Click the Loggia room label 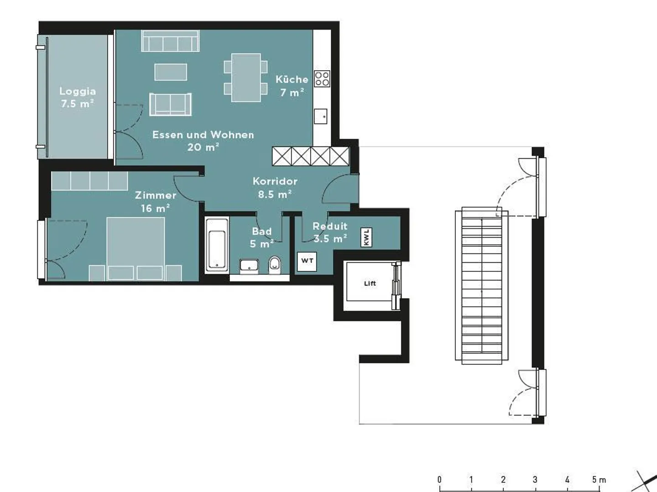[x=78, y=91]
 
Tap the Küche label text [x=292, y=79]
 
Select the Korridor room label [x=275, y=181]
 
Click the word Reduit [x=330, y=226]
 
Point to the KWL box [x=366, y=238]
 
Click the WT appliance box [x=307, y=261]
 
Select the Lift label [x=370, y=283]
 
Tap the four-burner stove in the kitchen [x=322, y=79]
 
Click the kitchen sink [x=321, y=116]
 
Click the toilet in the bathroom [x=275, y=265]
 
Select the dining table [x=246, y=78]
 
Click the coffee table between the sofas [x=171, y=72]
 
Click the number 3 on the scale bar [x=535, y=479]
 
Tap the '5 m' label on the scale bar [x=599, y=479]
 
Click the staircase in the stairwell [x=482, y=285]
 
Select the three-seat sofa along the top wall [x=170, y=41]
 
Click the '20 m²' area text [x=203, y=147]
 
